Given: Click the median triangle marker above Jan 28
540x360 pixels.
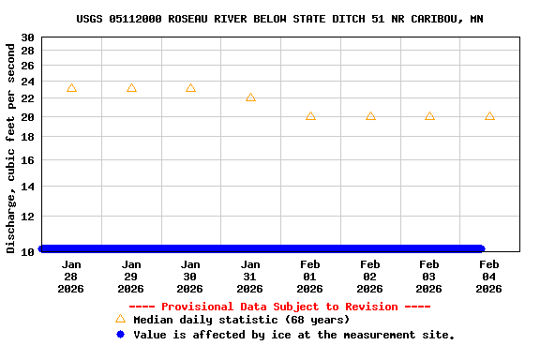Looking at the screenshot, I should [71, 88].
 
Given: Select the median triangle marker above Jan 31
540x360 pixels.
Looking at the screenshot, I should [250, 97].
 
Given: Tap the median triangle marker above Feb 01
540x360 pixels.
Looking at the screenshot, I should [310, 116].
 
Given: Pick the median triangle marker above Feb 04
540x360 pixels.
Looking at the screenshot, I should [489, 116].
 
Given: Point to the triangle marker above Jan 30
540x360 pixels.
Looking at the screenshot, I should [190, 88].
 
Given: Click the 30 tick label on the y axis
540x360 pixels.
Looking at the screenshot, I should [27, 37].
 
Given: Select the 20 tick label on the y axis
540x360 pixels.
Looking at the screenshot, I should [27, 117].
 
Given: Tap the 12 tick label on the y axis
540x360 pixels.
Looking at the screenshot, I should [27, 218].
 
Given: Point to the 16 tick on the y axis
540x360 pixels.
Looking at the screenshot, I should [27, 160].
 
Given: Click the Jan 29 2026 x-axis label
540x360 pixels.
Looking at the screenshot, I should [131, 277].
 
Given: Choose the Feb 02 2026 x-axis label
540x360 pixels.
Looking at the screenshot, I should [369, 277].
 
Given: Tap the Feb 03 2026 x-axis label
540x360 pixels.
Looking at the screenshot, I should [429, 277].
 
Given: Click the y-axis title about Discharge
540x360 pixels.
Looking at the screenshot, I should [11, 148].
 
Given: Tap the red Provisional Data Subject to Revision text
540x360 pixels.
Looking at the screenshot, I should [279, 307].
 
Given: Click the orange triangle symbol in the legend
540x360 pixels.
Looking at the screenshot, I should [120, 320].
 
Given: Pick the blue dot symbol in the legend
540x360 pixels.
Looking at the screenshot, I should [120, 334].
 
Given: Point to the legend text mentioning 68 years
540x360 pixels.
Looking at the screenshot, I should [242, 321].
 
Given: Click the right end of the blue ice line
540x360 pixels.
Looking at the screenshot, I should [480, 249].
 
